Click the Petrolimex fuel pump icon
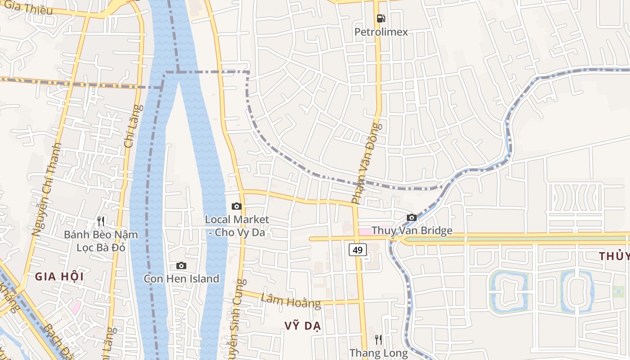[x=381, y=18]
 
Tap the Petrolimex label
[x=381, y=32]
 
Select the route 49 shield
[x=358, y=250]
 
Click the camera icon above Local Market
[x=236, y=207]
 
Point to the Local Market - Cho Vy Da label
[x=237, y=226]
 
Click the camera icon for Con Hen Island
[x=181, y=266]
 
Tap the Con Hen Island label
[x=181, y=279]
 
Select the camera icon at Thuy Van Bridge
[x=411, y=218]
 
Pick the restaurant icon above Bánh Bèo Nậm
[x=101, y=221]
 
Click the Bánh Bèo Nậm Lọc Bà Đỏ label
[x=101, y=241]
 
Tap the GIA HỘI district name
[x=59, y=277]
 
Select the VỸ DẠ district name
[x=302, y=326]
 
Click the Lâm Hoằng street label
[x=291, y=300]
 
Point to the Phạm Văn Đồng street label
[x=366, y=163]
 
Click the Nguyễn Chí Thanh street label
[x=47, y=189]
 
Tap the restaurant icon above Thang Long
[x=378, y=340]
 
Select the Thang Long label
[x=378, y=353]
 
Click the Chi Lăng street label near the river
[x=134, y=126]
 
